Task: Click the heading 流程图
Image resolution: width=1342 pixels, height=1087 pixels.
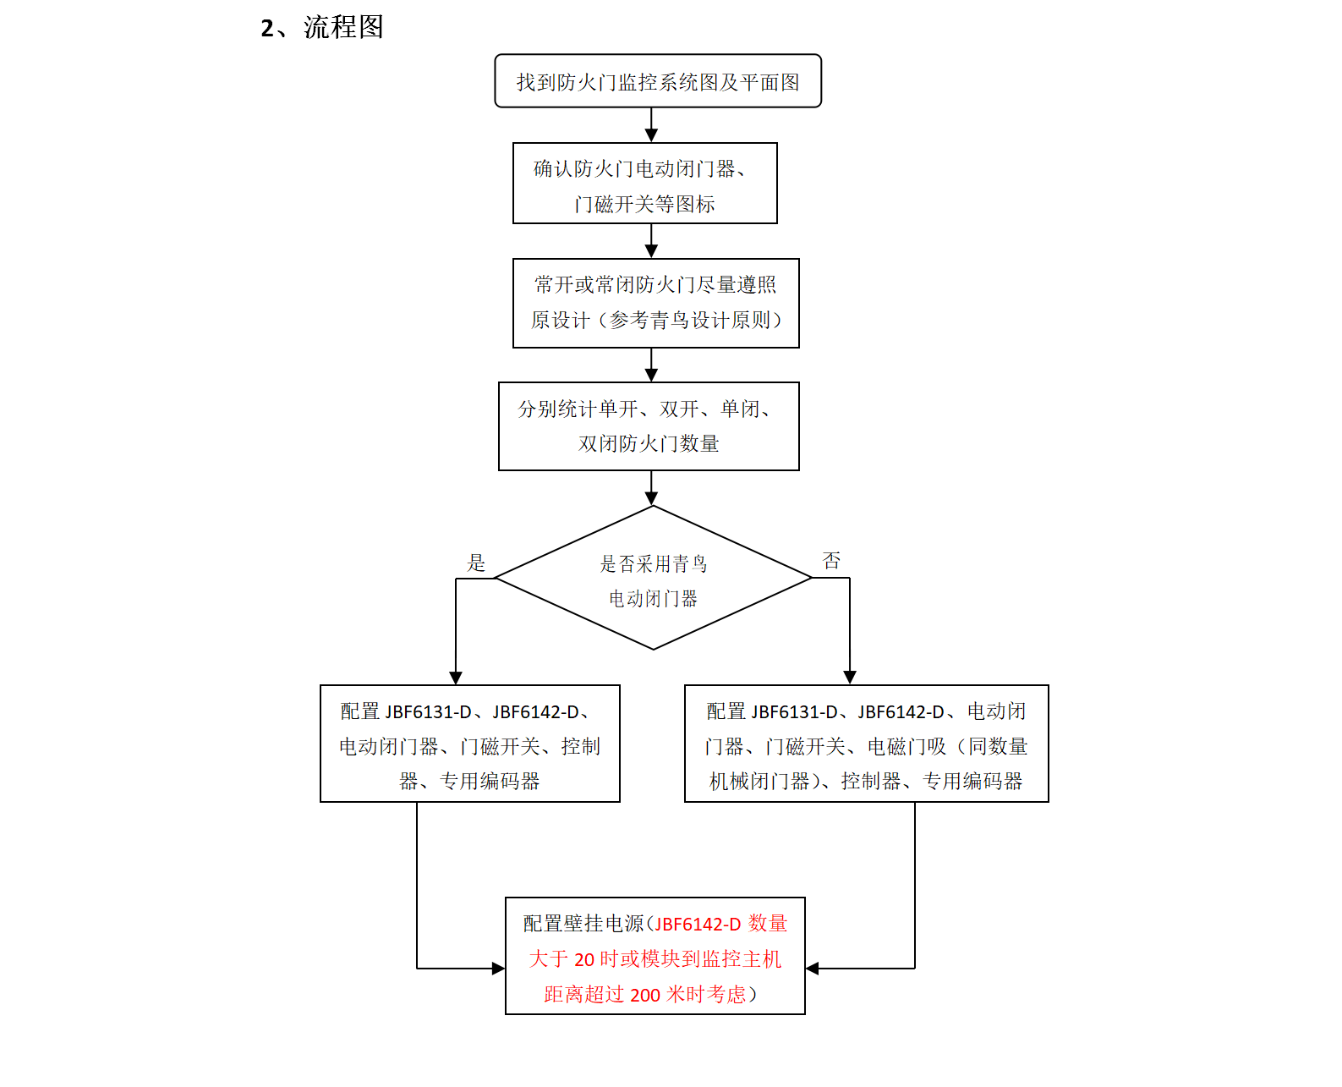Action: (343, 27)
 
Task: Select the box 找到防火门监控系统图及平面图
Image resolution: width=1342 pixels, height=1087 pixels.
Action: (657, 81)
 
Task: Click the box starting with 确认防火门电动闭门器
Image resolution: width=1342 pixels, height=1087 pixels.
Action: (644, 184)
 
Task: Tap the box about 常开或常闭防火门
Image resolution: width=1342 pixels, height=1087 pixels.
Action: (655, 303)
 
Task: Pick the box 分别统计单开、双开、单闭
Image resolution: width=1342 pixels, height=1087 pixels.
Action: (649, 426)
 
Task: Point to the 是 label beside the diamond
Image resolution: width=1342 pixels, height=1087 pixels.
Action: (477, 563)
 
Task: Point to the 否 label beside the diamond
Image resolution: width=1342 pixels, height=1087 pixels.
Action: (831, 561)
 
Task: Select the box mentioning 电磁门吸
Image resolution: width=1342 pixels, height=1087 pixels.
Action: (866, 744)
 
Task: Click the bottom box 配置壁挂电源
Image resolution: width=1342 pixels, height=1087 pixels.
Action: (655, 956)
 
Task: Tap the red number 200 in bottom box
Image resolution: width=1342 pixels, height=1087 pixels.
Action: (644, 995)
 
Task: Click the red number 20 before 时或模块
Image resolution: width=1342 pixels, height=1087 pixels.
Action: (584, 959)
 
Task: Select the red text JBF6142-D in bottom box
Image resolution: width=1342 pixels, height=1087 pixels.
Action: (698, 924)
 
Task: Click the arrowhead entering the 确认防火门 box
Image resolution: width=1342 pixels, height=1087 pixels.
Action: (651, 135)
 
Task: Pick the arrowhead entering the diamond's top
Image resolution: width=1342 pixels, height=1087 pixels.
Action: (651, 499)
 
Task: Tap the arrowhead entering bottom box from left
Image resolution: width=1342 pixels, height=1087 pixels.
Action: (498, 969)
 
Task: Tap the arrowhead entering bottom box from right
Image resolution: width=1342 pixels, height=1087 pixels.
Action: (813, 969)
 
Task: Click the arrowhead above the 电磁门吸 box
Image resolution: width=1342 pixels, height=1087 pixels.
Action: (850, 678)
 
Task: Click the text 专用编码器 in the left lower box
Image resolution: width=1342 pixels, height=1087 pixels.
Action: (490, 781)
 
